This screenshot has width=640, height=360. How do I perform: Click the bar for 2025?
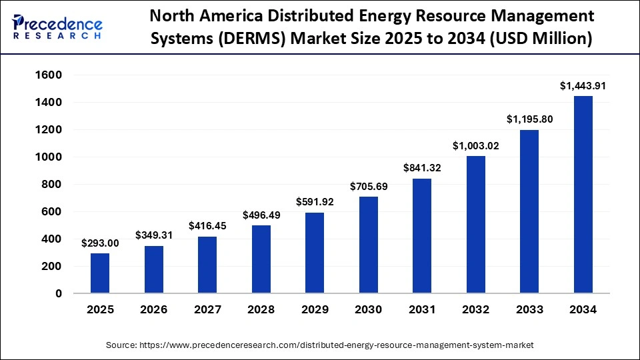coord(100,273)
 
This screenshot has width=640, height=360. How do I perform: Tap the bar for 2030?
coord(368,245)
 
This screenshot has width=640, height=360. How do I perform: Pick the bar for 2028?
coord(261,259)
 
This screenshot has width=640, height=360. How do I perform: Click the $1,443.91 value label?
coord(583,85)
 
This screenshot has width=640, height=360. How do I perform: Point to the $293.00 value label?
coord(100,243)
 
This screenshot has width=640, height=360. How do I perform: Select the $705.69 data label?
coord(368,187)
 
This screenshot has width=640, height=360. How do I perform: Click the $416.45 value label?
coord(207,226)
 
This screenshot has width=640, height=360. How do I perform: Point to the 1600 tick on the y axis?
coord(47,75)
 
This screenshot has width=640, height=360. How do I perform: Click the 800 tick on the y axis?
coord(51,185)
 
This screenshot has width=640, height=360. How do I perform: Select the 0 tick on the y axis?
coord(59,293)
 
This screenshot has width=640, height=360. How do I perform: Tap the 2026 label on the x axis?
coord(153,310)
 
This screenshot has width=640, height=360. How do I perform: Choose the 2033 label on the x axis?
coord(529,310)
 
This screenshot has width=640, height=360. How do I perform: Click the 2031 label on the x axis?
coord(422,310)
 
